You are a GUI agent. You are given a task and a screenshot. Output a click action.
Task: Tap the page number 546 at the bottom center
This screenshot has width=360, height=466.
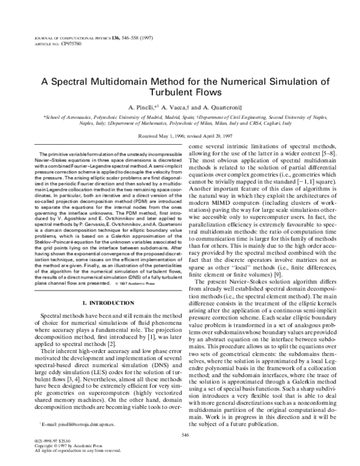coord(180,448)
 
